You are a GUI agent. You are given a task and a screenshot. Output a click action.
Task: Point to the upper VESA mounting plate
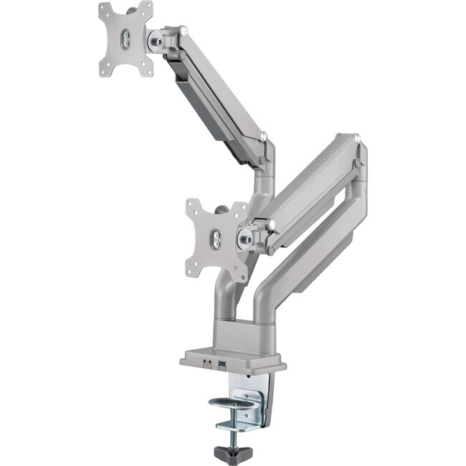(x=126, y=39)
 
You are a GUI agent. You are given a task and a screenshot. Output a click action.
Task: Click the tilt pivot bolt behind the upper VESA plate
(x=156, y=39)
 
